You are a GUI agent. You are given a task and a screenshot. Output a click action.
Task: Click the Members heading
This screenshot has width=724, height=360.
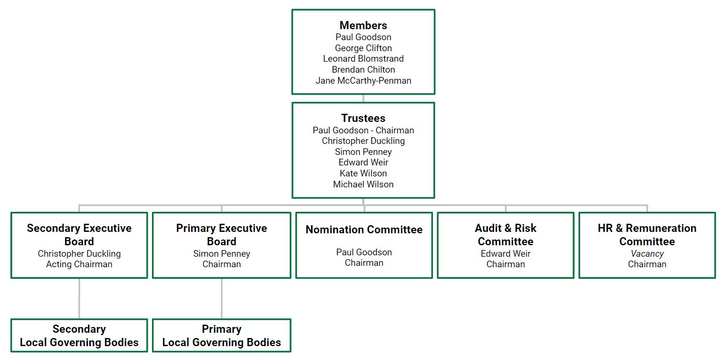pyautogui.click(x=363, y=25)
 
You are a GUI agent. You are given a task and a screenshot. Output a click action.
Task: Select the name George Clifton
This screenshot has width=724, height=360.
pyautogui.click(x=363, y=48)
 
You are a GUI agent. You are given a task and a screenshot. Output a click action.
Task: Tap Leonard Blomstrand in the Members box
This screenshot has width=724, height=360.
pyautogui.click(x=363, y=58)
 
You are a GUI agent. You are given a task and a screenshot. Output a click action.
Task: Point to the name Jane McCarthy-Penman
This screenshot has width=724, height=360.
pyautogui.click(x=363, y=80)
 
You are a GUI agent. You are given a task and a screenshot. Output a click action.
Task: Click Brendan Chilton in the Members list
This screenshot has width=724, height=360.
pyautogui.click(x=363, y=69)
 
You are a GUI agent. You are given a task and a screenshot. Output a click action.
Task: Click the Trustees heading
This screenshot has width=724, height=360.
pyautogui.click(x=363, y=118)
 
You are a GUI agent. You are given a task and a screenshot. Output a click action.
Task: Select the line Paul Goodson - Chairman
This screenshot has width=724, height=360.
pyautogui.click(x=363, y=130)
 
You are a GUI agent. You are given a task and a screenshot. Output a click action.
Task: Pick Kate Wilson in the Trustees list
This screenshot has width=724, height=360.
pyautogui.click(x=363, y=173)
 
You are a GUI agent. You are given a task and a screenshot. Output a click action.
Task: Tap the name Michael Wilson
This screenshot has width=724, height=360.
pyautogui.click(x=363, y=184)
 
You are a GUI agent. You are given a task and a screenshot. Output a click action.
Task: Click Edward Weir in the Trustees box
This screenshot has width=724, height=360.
pyautogui.click(x=363, y=162)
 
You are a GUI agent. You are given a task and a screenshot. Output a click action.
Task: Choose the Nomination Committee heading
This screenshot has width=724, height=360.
pyautogui.click(x=364, y=229)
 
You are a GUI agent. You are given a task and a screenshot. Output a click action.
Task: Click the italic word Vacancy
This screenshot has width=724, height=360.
pyautogui.click(x=647, y=253)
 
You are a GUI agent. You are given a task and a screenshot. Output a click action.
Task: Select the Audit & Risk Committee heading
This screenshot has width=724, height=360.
pyautogui.click(x=506, y=234)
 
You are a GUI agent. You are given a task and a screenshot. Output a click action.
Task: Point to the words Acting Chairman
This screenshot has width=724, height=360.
pyautogui.click(x=79, y=264)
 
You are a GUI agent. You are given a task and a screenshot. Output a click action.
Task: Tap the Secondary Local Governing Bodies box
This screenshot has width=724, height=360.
pyautogui.click(x=79, y=336)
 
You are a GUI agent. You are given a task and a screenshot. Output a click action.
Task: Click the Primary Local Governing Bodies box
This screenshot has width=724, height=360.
pyautogui.click(x=222, y=336)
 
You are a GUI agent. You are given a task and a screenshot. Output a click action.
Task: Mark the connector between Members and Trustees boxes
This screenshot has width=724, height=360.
pyautogui.click(x=363, y=98)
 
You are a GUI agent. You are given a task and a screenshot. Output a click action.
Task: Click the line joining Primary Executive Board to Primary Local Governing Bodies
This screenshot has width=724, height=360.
pyautogui.click(x=222, y=298)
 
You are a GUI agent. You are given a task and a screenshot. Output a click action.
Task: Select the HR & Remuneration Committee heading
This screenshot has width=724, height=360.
pyautogui.click(x=647, y=234)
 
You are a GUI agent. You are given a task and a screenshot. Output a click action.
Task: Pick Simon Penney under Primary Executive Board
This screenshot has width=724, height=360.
pyautogui.click(x=222, y=253)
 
